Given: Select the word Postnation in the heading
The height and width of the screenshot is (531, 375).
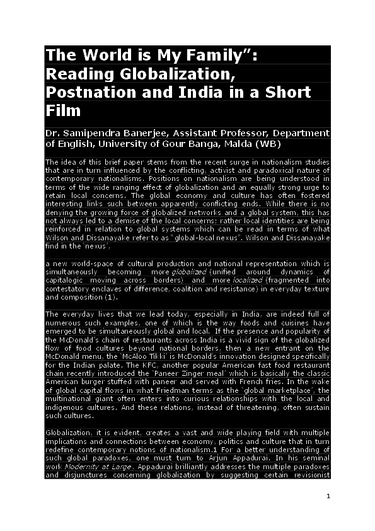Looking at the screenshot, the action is tap(84, 91).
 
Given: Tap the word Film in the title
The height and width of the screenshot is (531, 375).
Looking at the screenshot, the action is tap(63, 110).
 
